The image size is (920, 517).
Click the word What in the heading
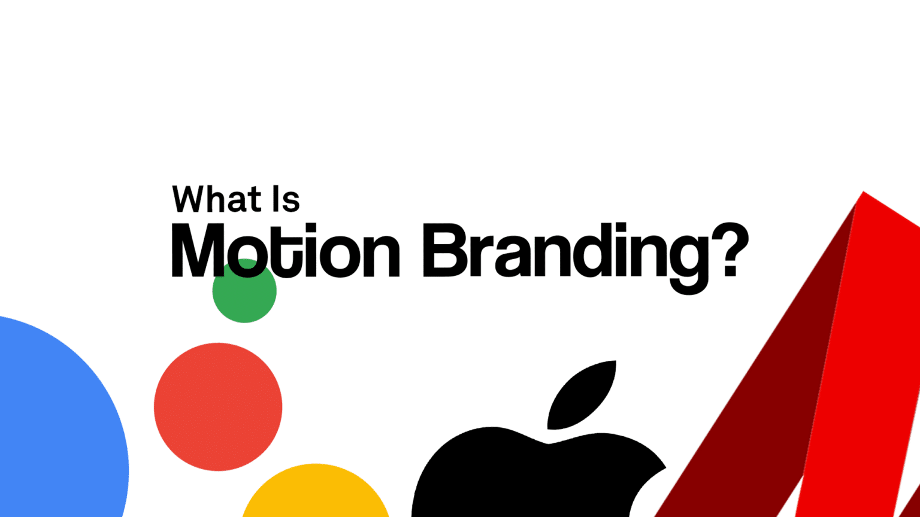click(217, 199)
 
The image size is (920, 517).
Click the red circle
click(218, 407)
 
